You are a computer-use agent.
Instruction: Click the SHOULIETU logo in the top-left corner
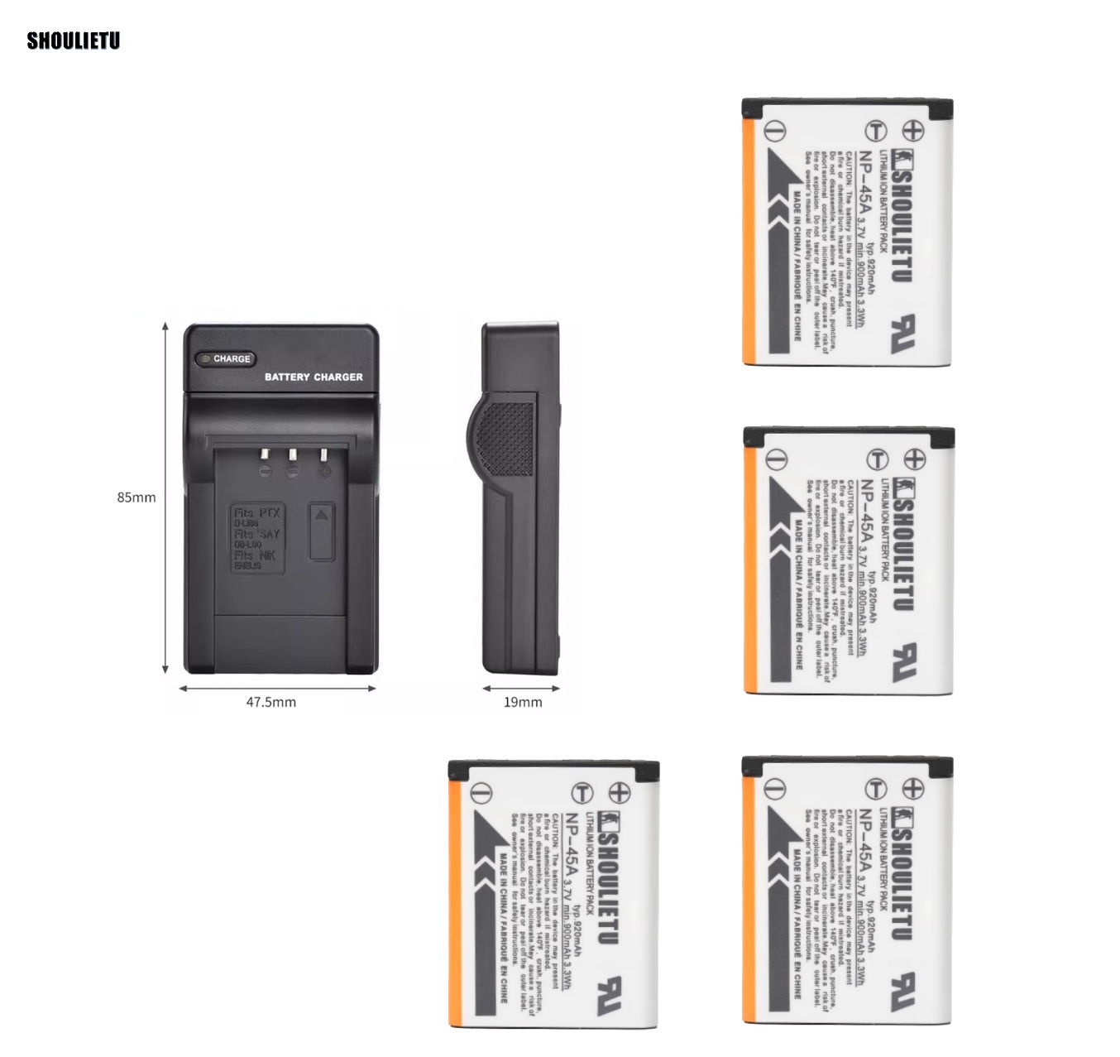point(74,41)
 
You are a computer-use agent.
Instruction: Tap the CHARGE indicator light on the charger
point(204,359)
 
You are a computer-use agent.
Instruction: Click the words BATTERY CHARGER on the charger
point(314,377)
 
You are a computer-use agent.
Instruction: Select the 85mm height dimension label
point(136,497)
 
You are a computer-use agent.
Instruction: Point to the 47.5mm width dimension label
point(270,702)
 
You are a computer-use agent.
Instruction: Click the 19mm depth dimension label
point(523,702)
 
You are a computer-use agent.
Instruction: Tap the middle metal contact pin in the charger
point(292,456)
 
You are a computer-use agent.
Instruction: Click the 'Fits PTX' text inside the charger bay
point(257,513)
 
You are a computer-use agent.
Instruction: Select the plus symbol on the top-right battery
point(912,130)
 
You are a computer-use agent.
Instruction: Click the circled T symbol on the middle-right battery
point(878,459)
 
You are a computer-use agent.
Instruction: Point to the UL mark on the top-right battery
point(903,333)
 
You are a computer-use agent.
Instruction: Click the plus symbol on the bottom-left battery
point(619,792)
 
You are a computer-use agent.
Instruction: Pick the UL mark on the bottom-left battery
point(610,995)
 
